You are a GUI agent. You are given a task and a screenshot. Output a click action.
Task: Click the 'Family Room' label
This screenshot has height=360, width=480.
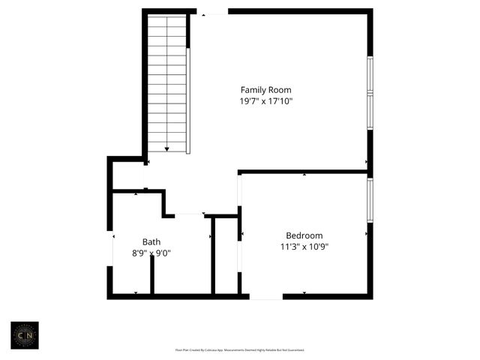point(265,90)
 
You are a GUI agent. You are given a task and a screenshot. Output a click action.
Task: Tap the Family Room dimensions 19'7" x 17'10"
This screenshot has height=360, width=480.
point(265,101)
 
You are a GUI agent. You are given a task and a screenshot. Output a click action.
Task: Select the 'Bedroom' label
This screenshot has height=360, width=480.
point(304,235)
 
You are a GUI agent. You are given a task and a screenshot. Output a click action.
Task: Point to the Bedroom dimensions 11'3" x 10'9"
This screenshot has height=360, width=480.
point(304,245)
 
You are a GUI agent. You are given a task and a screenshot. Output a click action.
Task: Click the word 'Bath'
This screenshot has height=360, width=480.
point(151,241)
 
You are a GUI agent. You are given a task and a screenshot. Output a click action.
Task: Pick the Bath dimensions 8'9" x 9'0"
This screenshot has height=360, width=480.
point(151,253)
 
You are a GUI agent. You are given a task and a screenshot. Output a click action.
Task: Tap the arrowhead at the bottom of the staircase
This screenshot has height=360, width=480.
point(166,149)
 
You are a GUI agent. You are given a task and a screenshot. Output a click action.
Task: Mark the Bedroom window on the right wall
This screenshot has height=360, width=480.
point(369,199)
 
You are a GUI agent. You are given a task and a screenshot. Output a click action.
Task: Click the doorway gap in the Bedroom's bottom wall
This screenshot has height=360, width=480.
point(265,296)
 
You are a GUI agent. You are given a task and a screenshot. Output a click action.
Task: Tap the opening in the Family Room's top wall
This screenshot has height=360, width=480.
point(213,11)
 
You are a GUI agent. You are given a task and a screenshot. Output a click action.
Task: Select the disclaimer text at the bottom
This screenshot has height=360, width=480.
point(239,349)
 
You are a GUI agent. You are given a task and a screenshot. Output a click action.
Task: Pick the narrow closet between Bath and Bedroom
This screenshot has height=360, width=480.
point(226,255)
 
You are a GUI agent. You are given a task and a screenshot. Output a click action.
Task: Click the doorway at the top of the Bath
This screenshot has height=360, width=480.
point(190,215)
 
